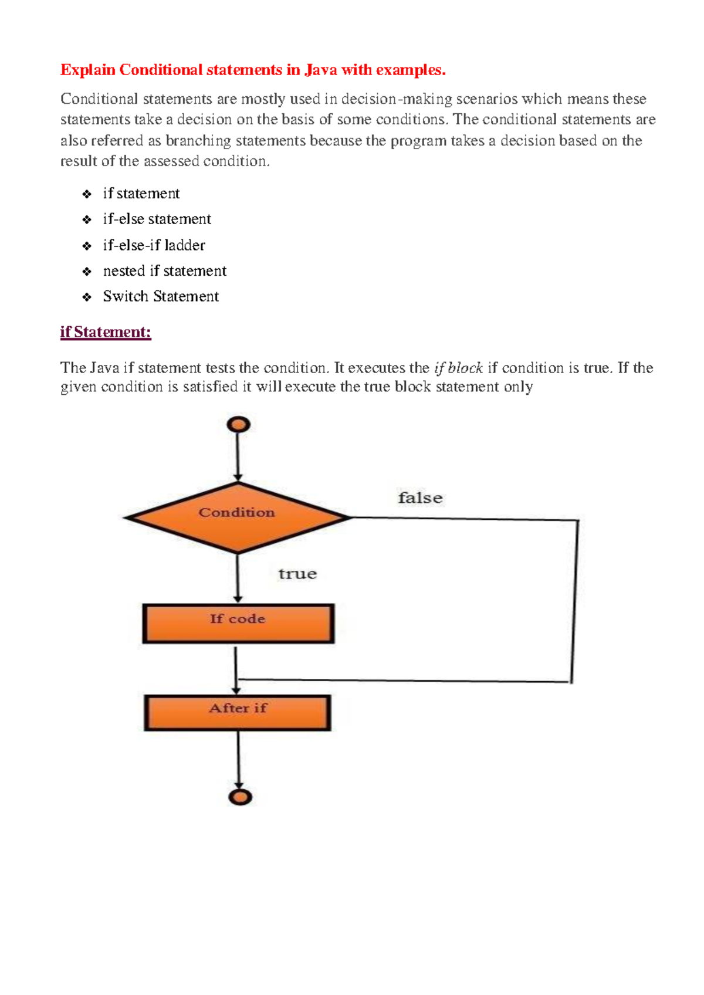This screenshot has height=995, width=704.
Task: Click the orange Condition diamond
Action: click(238, 517)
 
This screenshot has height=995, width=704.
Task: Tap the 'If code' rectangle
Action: click(238, 624)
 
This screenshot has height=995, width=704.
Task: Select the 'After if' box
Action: click(238, 713)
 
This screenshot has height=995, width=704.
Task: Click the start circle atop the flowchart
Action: click(238, 424)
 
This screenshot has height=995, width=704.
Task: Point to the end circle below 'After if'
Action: click(240, 797)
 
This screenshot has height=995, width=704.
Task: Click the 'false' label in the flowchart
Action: click(420, 498)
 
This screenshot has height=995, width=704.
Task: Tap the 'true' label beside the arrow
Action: click(297, 574)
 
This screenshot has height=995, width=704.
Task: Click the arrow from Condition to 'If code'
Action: click(238, 578)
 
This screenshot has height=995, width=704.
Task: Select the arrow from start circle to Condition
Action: click(238, 458)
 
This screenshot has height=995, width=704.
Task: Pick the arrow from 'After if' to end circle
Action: click(239, 760)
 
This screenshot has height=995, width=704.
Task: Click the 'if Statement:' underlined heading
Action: click(106, 332)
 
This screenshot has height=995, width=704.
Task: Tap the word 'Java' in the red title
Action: click(320, 70)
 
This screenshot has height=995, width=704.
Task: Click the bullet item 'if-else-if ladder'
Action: click(154, 245)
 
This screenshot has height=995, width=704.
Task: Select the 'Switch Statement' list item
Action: click(161, 296)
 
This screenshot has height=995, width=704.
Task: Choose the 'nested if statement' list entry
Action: click(164, 271)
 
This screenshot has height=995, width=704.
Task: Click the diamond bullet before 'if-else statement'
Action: click(87, 220)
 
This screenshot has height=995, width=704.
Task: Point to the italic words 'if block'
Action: click(458, 368)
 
